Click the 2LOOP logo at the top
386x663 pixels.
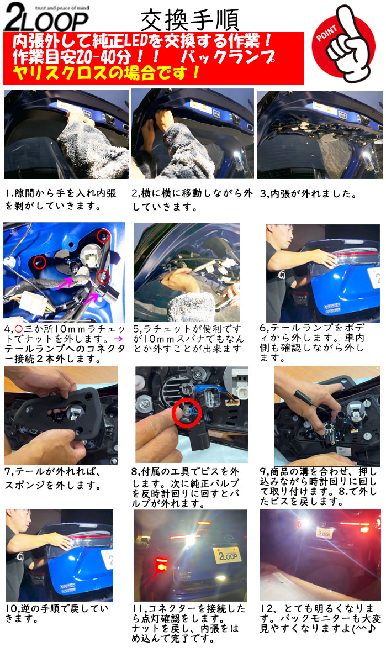point(46,17)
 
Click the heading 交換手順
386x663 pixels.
point(189,20)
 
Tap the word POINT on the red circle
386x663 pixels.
point(326,33)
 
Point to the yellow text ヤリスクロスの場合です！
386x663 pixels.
point(107,73)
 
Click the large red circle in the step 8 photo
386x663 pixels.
point(187,413)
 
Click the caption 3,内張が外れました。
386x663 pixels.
point(308,194)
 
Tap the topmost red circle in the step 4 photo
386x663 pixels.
point(103,236)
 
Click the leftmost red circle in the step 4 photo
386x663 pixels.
point(39,262)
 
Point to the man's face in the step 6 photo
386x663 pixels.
point(283,238)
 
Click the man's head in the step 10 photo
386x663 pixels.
point(19,522)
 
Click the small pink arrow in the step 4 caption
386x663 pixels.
point(118,339)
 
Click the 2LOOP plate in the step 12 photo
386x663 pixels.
point(325,533)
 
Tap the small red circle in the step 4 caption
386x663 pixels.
point(18,329)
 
